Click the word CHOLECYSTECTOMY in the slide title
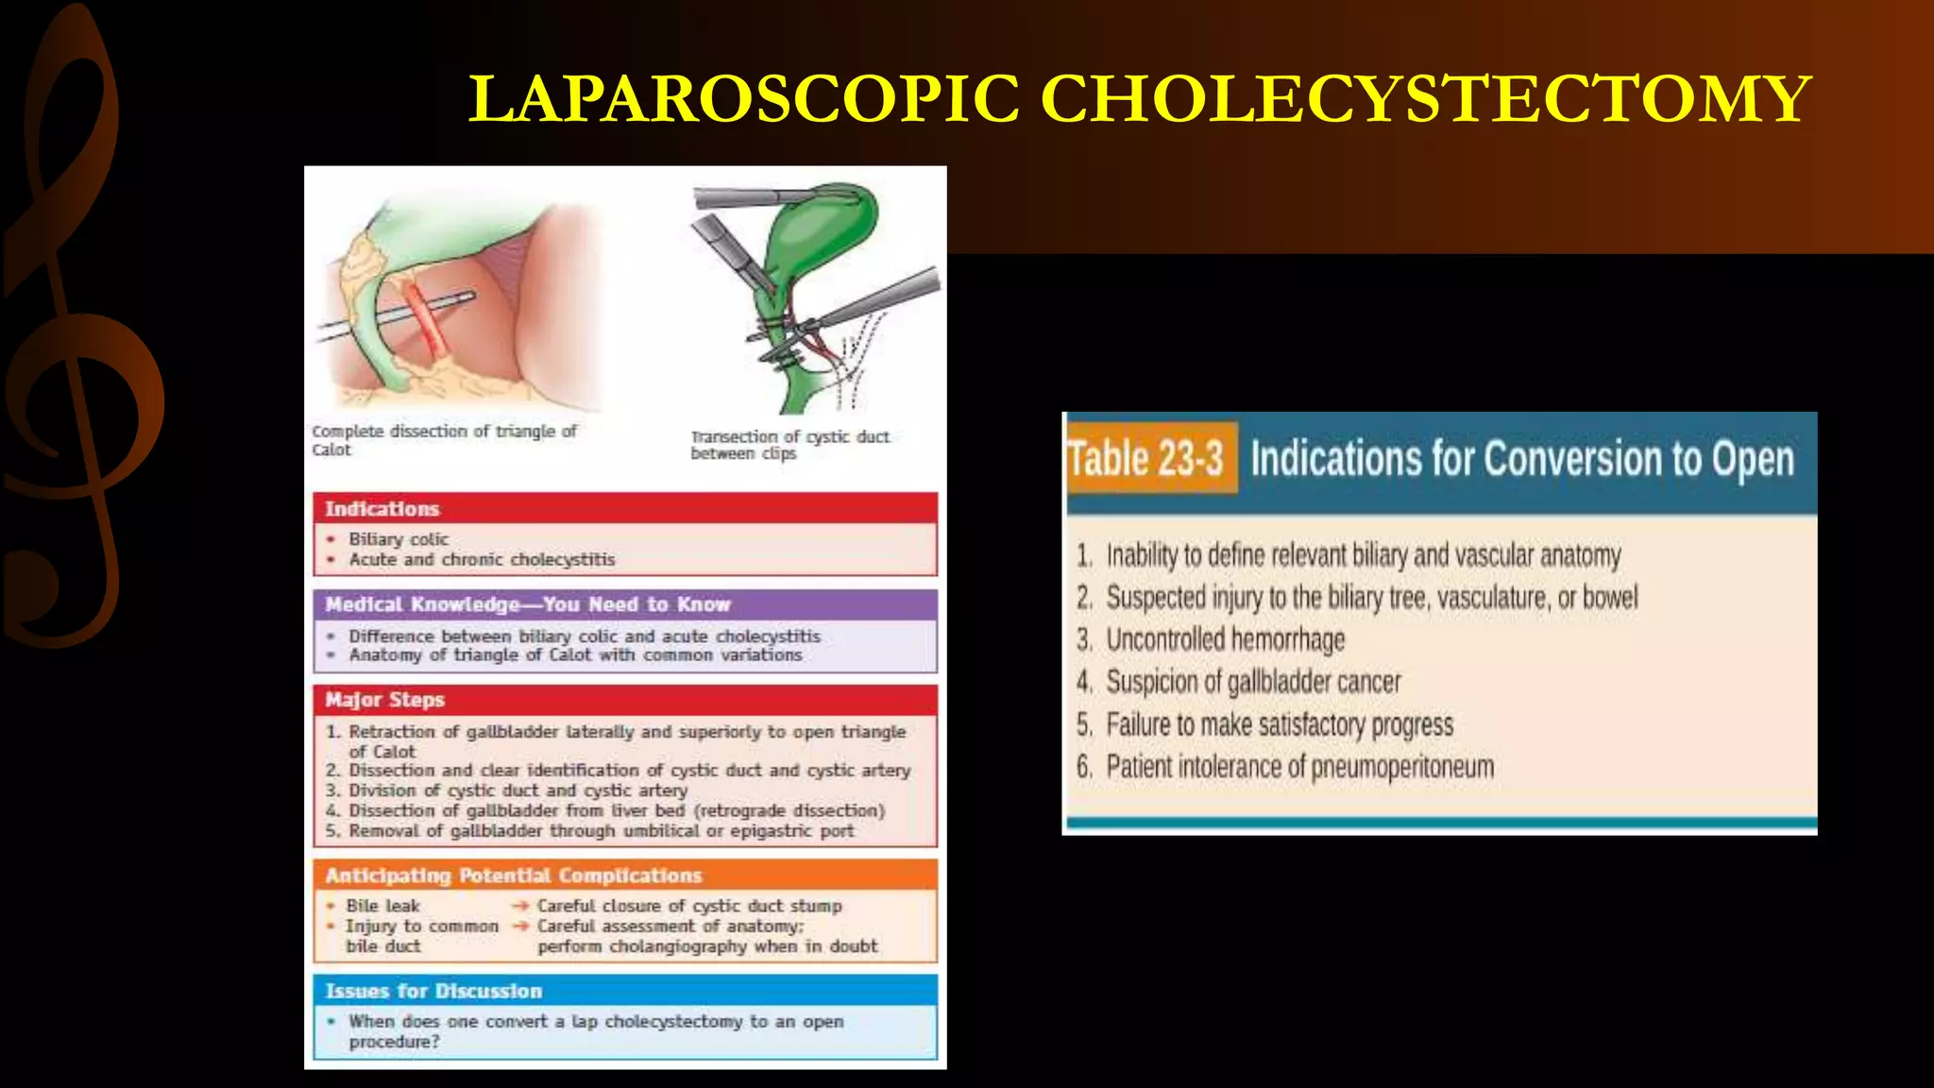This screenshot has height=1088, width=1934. pyautogui.click(x=1426, y=99)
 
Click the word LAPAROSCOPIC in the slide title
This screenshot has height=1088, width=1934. pyautogui.click(x=744, y=99)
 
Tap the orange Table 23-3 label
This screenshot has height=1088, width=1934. pyautogui.click(x=1146, y=459)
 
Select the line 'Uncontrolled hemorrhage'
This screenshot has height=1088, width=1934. pyautogui.click(x=1225, y=640)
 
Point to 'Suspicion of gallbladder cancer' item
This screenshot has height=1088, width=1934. pyautogui.click(x=1253, y=682)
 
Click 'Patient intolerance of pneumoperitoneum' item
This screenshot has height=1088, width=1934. pyautogui.click(x=1299, y=767)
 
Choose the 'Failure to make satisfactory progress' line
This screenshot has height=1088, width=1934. pyautogui.click(x=1279, y=725)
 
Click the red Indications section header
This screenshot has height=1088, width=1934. pyautogui.click(x=625, y=508)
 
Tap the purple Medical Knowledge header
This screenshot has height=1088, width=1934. pyautogui.click(x=625, y=604)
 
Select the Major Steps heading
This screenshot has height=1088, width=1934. pyautogui.click(x=625, y=700)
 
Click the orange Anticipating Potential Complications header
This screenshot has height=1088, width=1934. pyautogui.click(x=625, y=875)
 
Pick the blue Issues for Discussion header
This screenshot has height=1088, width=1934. pyautogui.click(x=625, y=991)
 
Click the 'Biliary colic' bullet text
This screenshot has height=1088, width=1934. pyautogui.click(x=399, y=539)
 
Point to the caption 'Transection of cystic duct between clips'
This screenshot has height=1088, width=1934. pyautogui.click(x=789, y=445)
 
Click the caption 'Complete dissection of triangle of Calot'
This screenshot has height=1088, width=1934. pyautogui.click(x=444, y=439)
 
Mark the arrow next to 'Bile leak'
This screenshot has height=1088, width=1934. pyautogui.click(x=520, y=906)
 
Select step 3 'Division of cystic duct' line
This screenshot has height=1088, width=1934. pyautogui.click(x=517, y=790)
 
